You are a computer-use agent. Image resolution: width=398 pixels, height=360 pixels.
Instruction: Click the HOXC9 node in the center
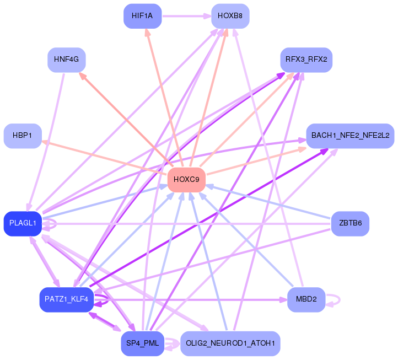186,180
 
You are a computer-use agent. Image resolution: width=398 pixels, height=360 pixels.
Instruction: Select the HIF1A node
142,16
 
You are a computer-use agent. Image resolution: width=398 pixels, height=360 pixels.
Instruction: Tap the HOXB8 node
230,16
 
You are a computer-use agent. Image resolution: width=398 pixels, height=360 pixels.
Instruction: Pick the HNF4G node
67,60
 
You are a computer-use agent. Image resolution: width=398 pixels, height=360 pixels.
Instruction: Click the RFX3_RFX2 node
306,60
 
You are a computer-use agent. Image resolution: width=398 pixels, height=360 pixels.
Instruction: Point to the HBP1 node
23,136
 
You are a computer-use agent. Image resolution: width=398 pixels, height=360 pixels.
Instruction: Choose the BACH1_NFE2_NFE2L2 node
350,136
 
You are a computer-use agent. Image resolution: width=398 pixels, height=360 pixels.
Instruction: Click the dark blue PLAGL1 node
23,224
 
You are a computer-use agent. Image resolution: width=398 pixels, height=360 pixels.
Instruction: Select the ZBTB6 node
350,224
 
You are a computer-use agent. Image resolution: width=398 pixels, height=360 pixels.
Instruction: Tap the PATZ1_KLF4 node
67,299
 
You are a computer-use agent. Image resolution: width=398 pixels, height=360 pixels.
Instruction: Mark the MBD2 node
306,299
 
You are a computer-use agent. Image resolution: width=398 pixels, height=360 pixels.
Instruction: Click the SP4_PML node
142,343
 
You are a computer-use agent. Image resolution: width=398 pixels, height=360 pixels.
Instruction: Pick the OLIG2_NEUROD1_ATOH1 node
230,343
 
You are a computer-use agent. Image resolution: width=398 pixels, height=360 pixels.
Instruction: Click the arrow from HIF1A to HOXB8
186,16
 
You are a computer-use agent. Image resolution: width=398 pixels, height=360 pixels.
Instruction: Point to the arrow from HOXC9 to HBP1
105,158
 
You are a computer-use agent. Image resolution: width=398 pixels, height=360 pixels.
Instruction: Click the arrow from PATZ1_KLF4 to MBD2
190,300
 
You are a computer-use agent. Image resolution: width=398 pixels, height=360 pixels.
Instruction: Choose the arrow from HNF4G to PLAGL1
46,142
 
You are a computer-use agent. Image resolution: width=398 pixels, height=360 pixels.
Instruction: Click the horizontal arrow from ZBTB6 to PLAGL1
186,224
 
